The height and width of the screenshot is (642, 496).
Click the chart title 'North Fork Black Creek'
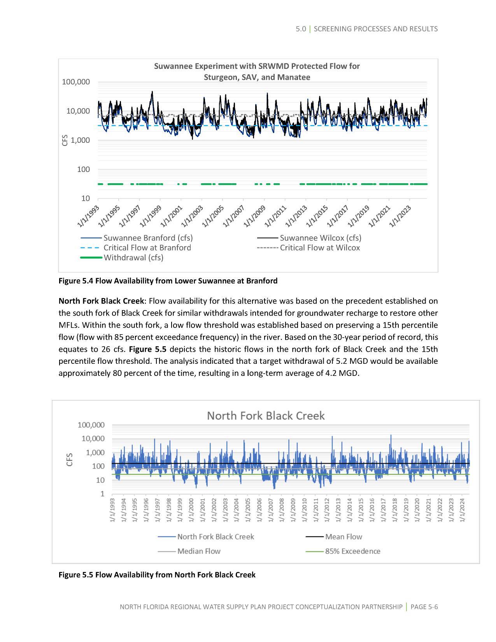click(266, 416)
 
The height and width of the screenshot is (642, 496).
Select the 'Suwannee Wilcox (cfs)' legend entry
click(320, 238)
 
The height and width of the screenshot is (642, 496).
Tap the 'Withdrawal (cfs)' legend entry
click(133, 258)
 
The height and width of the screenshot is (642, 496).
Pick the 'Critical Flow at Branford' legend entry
click(147, 248)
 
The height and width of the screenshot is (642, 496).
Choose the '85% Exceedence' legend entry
click(352, 551)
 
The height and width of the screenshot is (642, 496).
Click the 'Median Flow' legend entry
click(199, 551)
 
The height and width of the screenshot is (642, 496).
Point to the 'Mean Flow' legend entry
click(344, 537)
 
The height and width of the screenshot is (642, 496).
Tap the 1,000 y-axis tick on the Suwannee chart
click(81, 140)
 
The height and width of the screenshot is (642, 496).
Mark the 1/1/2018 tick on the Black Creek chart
click(395, 510)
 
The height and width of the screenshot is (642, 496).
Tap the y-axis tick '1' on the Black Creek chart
click(103, 494)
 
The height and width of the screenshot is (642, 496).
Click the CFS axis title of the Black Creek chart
click(70, 460)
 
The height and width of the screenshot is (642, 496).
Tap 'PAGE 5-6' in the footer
click(424, 607)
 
